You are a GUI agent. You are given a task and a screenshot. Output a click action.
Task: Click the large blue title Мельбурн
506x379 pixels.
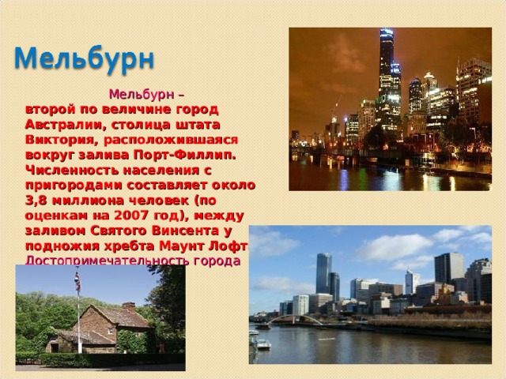click(86, 59)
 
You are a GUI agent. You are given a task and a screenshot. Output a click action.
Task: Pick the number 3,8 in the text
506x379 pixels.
click(37, 201)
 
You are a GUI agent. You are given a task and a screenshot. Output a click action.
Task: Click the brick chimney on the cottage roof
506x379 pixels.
click(128, 306)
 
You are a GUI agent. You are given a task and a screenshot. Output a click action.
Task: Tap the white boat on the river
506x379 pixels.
click(262, 344)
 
